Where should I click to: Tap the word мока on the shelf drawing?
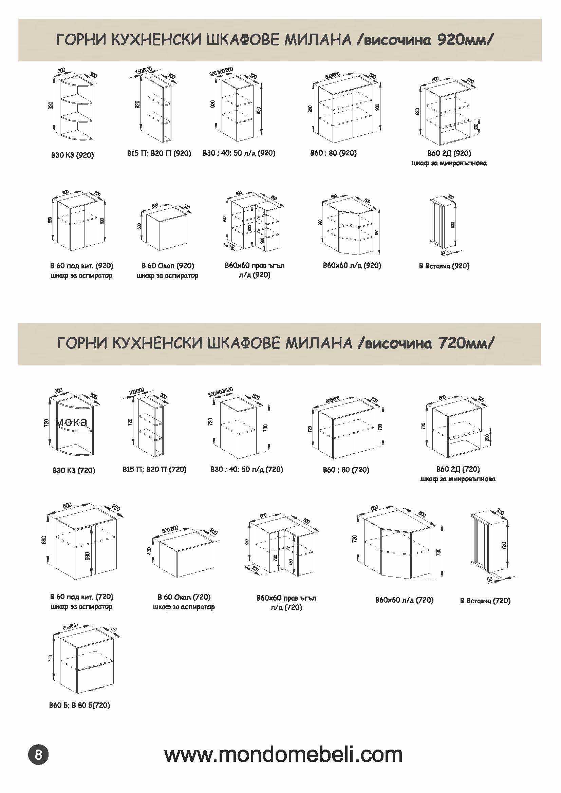tap(71, 422)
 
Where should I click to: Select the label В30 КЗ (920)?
tap(73, 155)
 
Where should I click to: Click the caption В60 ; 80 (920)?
tap(333, 153)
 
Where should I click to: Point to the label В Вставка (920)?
tap(444, 266)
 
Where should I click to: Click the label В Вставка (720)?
tap(485, 601)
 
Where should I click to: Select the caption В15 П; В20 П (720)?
tap(154, 469)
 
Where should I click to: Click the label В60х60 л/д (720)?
tap(404, 600)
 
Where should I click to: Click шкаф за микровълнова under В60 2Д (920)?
tap(449, 163)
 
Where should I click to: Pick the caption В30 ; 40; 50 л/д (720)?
tap(247, 469)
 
